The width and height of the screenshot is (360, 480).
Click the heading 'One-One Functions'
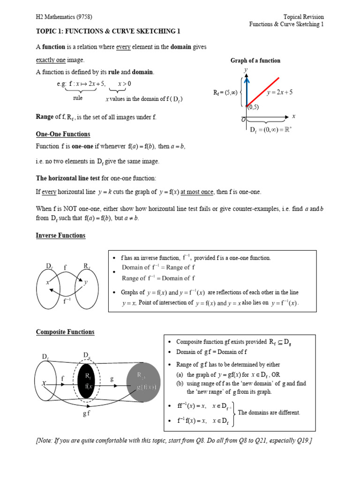coord(63,134)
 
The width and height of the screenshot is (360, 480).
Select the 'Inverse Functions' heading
coord(60,235)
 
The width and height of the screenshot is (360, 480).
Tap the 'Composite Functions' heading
coord(65,332)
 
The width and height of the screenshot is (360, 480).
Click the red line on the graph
coord(263,91)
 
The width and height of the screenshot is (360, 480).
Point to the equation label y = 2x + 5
coord(280,92)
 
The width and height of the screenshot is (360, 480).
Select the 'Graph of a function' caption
coord(255,60)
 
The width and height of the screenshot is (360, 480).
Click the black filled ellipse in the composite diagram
coord(87,380)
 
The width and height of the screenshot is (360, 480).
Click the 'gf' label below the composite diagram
coord(86,414)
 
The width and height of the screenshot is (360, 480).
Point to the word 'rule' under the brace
coord(78,98)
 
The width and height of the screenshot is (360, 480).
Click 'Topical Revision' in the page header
coord(303,17)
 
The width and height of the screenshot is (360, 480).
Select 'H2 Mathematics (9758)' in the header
coord(64,17)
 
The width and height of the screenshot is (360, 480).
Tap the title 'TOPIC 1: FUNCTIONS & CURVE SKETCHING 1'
coord(108,31)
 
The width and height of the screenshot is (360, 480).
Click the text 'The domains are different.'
coord(269,412)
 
